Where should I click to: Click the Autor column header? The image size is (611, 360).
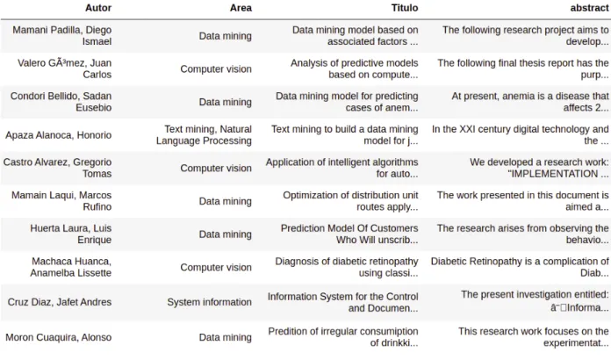98,8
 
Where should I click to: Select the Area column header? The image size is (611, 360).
241,8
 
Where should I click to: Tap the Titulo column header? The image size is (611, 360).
405,8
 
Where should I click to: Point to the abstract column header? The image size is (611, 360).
589,8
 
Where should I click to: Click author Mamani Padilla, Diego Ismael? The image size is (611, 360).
62,36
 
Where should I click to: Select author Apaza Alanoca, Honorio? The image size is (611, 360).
59,135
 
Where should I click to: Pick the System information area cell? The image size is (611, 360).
209,302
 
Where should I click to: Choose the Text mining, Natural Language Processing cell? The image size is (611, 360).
204,135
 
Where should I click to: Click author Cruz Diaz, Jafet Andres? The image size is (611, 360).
60,302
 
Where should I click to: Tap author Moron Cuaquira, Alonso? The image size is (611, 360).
59,337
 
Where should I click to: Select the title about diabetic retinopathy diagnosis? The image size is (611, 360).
347,267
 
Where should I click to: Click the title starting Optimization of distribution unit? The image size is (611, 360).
350,201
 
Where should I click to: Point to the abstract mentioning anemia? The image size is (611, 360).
530,102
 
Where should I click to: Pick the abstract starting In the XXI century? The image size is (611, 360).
521,135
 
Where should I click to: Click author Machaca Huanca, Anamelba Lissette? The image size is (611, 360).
70,267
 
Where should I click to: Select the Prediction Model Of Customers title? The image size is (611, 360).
349,234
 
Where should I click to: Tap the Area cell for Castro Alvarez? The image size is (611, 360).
216,169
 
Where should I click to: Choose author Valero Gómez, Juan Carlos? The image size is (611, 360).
64,69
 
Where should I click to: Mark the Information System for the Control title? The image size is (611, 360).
342,302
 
